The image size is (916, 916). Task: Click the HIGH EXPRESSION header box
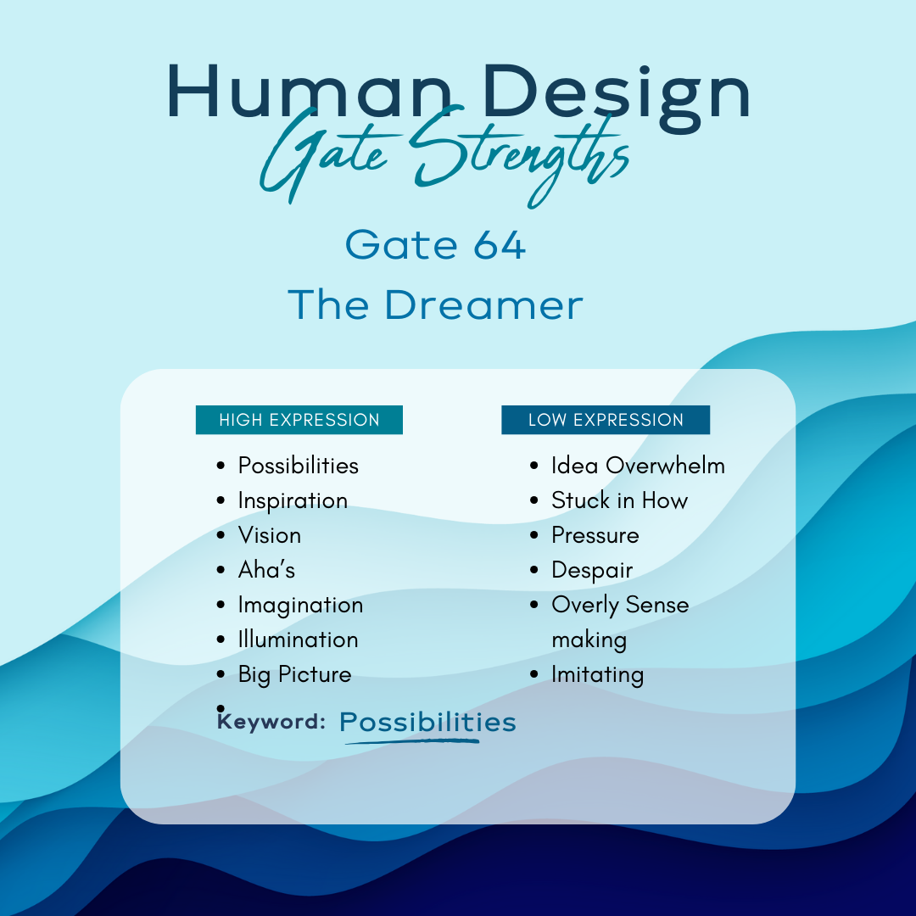[x=299, y=420]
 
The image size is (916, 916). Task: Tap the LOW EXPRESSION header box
[x=606, y=420]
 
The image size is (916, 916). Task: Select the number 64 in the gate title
[x=500, y=245]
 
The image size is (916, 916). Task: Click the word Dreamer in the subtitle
[x=483, y=304]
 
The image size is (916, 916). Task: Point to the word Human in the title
[x=310, y=92]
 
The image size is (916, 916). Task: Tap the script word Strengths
[x=520, y=155]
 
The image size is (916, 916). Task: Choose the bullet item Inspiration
[x=293, y=501]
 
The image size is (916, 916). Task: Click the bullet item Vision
[x=270, y=535]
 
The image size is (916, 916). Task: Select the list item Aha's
[x=266, y=570]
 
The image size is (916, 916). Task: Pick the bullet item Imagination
[x=300, y=606]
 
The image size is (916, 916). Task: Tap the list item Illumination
[x=298, y=640]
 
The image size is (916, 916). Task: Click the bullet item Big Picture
[x=294, y=675]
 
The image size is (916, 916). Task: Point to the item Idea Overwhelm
[x=638, y=466]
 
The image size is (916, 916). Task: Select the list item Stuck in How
[x=620, y=500]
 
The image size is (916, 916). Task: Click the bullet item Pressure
[x=595, y=535]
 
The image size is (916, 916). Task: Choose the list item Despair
[x=592, y=571]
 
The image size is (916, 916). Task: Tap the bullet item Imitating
[x=598, y=675]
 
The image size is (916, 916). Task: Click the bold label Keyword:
[x=271, y=721]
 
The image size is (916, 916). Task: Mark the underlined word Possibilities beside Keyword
[x=427, y=723]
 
